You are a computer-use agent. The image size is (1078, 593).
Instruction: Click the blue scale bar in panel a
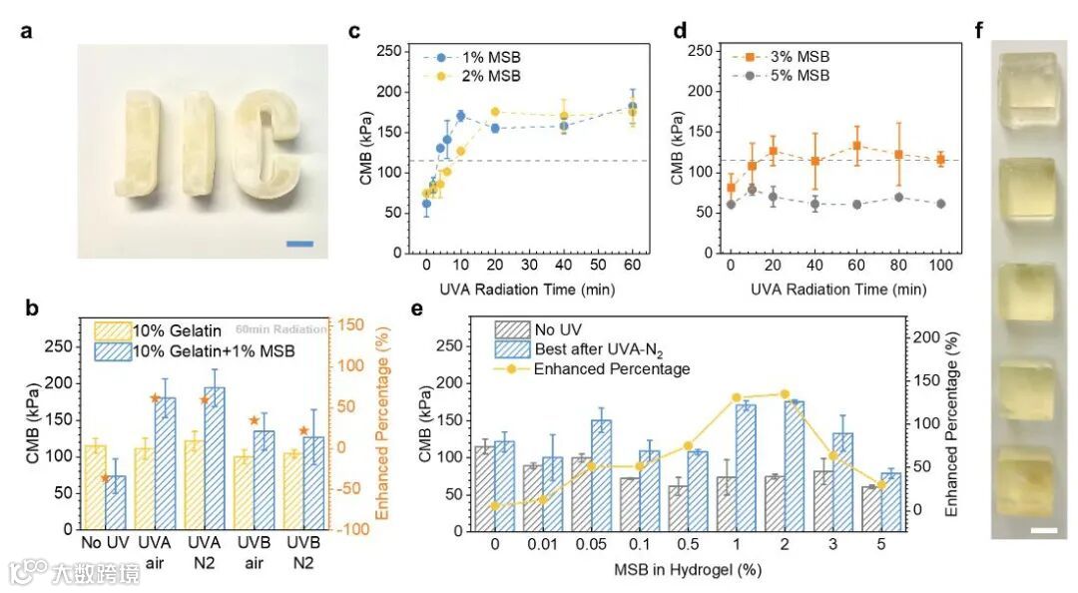299,242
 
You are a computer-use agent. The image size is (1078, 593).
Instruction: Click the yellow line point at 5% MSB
881,484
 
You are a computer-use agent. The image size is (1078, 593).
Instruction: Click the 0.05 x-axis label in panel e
592,546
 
